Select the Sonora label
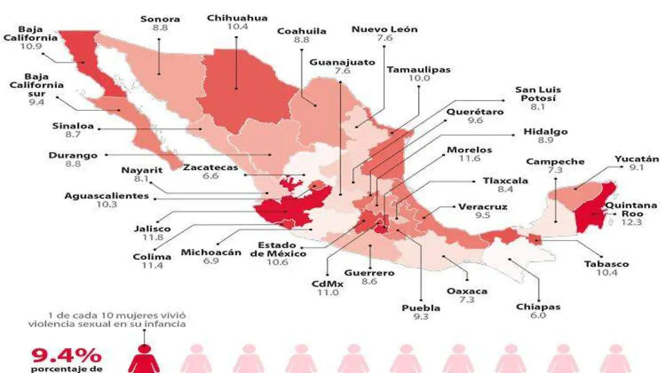tap(160, 19)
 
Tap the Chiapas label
tap(538, 306)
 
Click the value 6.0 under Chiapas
tap(538, 315)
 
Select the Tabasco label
tap(607, 264)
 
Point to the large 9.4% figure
tap(66, 355)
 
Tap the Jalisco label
tap(152, 228)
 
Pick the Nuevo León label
tap(385, 29)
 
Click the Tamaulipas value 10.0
tap(419, 79)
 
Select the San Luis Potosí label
tap(538, 94)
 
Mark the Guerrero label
tap(369, 273)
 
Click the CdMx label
tap(327, 284)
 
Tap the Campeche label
tap(555, 162)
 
